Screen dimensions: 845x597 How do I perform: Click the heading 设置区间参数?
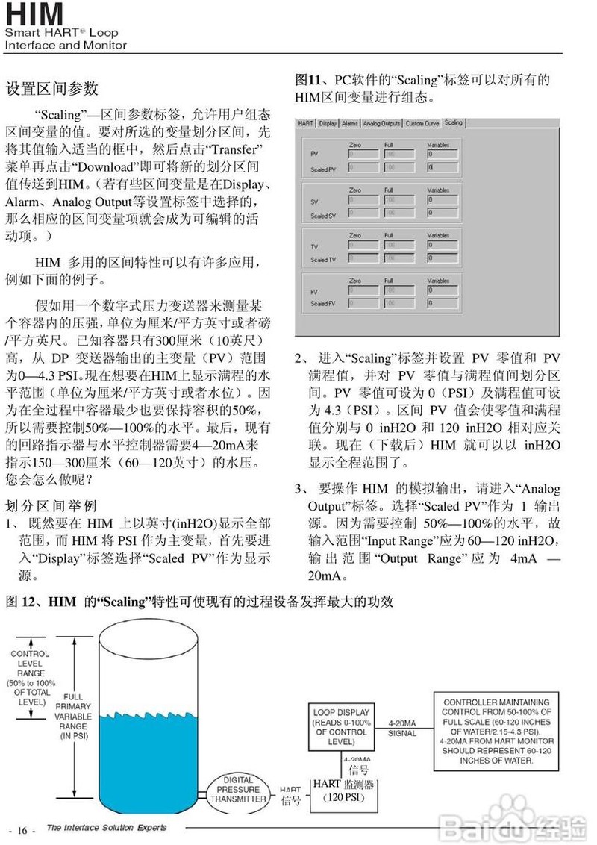51,89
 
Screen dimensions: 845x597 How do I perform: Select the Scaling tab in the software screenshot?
454,122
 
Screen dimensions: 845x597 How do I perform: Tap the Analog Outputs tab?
382,123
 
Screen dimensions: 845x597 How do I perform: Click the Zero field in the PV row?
362,154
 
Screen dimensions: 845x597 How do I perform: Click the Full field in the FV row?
399,290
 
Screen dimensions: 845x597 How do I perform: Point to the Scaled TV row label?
323,259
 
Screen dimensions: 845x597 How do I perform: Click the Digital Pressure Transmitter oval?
238,789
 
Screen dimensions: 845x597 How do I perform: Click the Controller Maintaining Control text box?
496,731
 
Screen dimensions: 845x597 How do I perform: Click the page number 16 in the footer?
22,831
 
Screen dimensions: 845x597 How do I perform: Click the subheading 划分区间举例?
51,504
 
